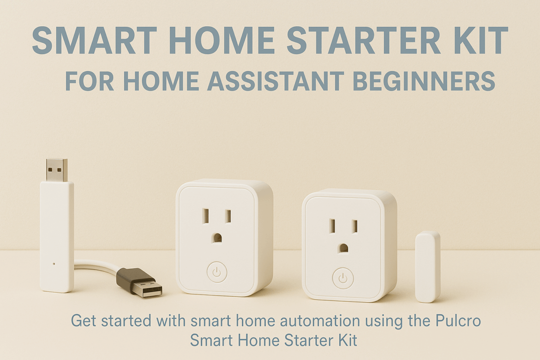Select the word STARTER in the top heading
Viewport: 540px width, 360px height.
(362, 40)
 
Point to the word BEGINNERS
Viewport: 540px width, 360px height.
(424, 81)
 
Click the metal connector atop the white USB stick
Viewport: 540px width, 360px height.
(57, 170)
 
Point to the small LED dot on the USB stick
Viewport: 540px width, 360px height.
(54, 264)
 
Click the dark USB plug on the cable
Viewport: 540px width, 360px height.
(139, 282)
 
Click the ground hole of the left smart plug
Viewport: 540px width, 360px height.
(217, 238)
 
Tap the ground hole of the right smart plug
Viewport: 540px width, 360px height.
(342, 248)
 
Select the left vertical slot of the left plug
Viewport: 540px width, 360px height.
(206, 216)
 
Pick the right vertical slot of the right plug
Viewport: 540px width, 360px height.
(354, 226)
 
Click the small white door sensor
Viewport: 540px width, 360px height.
(428, 267)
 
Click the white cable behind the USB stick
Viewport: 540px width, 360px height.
(96, 267)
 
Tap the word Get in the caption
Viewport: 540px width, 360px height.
(82, 321)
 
